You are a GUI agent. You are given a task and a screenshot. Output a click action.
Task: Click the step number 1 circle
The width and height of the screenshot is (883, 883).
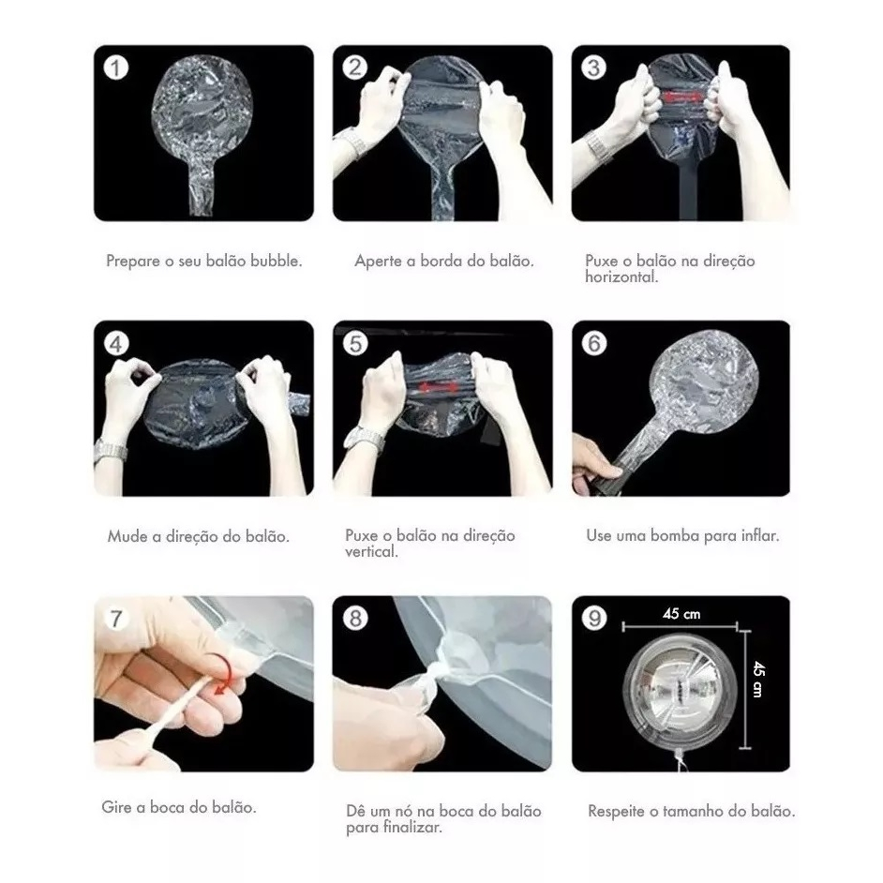coord(116,68)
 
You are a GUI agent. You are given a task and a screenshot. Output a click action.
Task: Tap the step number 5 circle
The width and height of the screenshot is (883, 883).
coord(354,343)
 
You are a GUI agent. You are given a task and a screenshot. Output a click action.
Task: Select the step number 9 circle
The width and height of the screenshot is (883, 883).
coord(594,619)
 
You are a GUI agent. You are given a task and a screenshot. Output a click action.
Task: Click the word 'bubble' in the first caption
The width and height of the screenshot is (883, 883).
coord(276,261)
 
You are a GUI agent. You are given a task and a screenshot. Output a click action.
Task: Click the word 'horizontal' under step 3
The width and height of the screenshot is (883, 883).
coord(621,277)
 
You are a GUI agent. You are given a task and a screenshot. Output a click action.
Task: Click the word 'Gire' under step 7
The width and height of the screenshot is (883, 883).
coord(116,807)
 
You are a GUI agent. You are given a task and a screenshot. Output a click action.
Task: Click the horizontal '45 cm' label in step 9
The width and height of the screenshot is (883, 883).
coord(681,614)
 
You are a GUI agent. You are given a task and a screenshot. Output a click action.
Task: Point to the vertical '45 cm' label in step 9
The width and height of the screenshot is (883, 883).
coord(758,679)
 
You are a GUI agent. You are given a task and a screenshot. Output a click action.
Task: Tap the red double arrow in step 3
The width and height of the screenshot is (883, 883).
coord(682,97)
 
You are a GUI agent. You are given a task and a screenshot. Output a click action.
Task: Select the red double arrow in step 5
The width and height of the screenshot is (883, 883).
coord(437,387)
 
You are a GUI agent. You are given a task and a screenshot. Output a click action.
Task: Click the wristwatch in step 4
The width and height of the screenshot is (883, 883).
coord(110,452)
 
